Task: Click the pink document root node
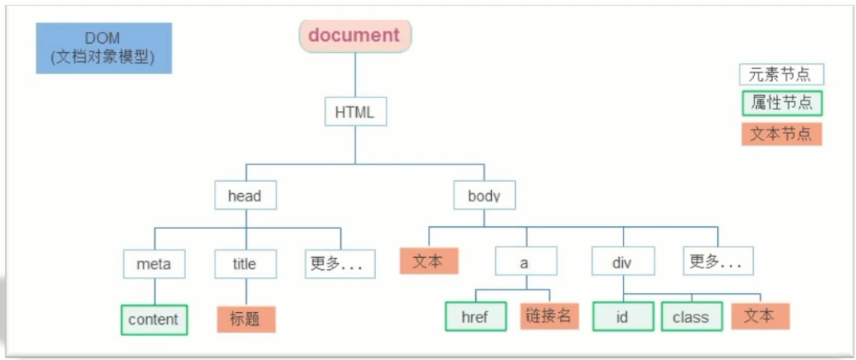click(355, 36)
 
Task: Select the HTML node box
click(355, 112)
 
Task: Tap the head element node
click(245, 196)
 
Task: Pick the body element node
click(484, 196)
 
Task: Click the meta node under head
click(154, 263)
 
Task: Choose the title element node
click(245, 263)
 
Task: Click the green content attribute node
click(154, 319)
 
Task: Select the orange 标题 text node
click(245, 319)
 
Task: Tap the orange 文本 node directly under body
click(429, 261)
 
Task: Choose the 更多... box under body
click(718, 261)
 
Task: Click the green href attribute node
click(476, 316)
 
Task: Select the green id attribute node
click(622, 316)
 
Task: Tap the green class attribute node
click(691, 316)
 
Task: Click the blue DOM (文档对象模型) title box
click(104, 48)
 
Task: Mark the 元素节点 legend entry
click(781, 75)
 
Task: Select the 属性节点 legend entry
click(781, 104)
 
